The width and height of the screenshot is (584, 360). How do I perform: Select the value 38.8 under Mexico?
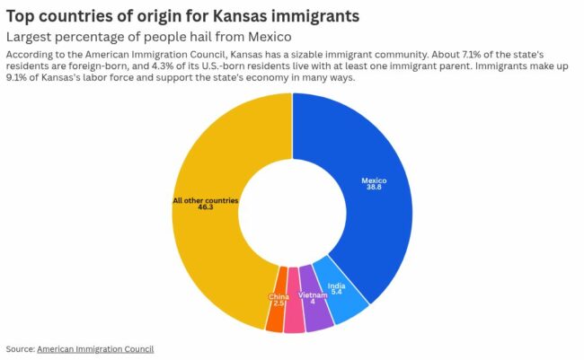click(x=374, y=187)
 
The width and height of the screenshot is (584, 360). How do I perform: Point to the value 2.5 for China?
click(x=279, y=303)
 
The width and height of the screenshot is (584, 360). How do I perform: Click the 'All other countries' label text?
click(x=206, y=199)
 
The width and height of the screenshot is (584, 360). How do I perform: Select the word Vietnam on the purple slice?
click(x=312, y=294)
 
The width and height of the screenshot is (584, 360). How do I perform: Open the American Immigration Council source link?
click(x=95, y=348)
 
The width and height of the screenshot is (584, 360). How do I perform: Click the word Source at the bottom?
click(x=19, y=348)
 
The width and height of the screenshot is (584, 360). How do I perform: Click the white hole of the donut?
click(x=291, y=212)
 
